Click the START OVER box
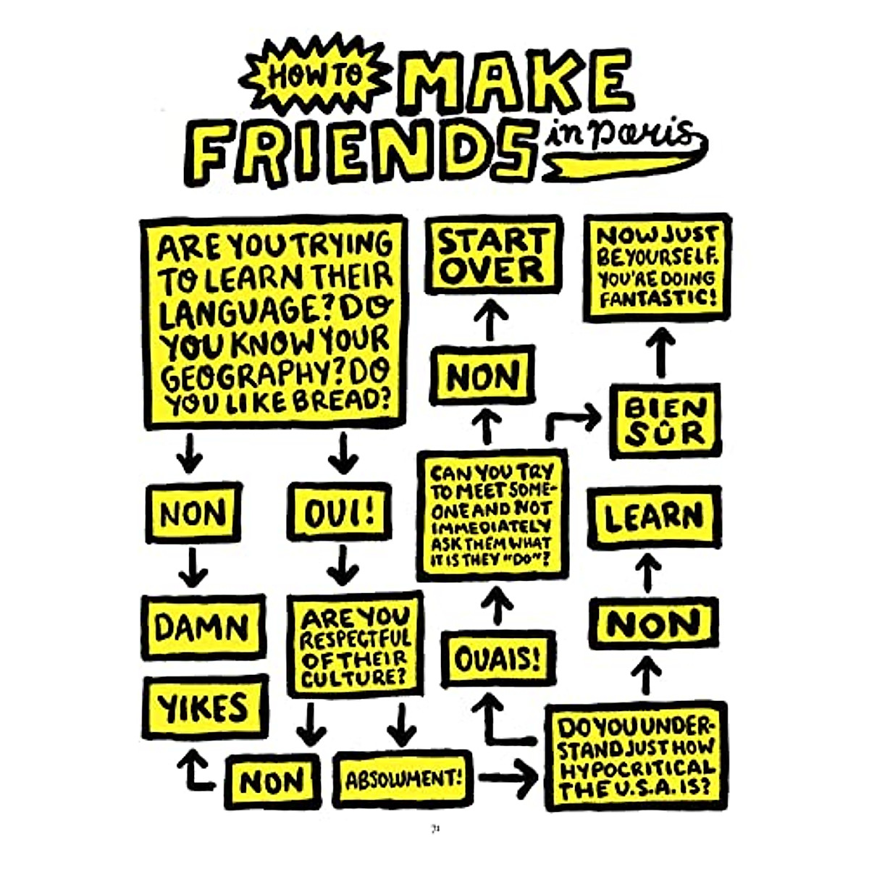tap(493, 255)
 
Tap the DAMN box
tap(203, 627)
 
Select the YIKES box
tap(204, 707)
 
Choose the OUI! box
tap(338, 513)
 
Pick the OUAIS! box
tap(498, 658)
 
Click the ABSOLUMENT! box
tap(403, 780)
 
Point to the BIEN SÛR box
tap(665, 421)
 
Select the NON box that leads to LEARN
tap(653, 624)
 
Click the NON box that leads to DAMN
tap(193, 513)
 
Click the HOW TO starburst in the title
tap(316, 75)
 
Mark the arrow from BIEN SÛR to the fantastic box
tap(661, 353)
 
